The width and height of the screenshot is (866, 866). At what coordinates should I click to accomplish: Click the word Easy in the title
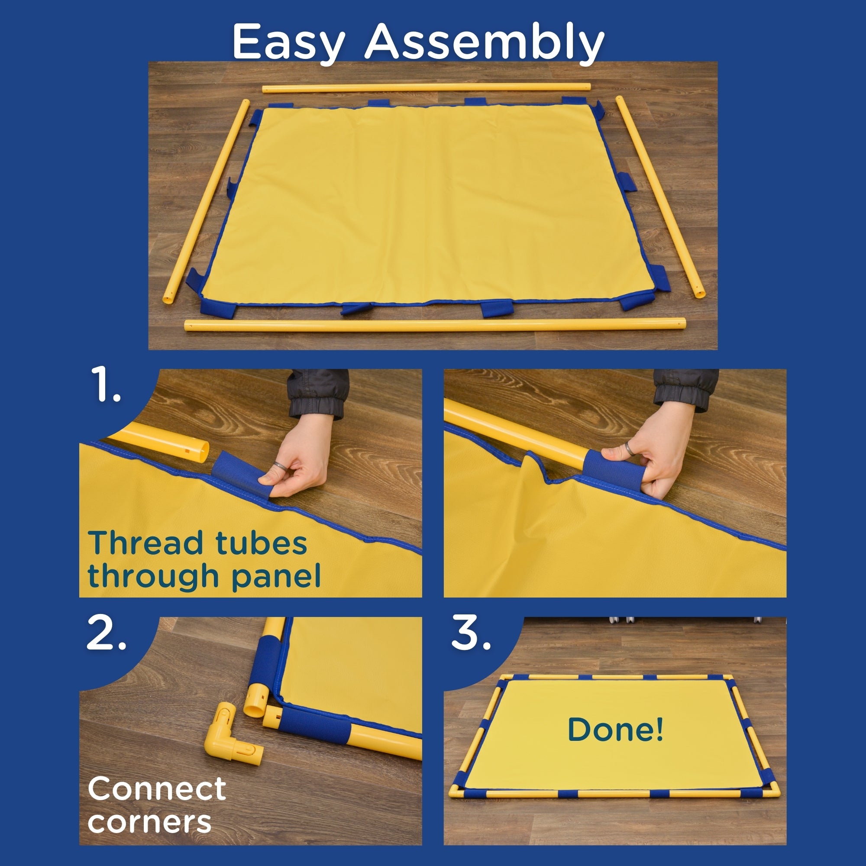click(x=288, y=42)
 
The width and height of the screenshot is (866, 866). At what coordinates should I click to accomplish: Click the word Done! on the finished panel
click(x=615, y=729)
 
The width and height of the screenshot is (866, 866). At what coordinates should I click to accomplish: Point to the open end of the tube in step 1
click(x=203, y=451)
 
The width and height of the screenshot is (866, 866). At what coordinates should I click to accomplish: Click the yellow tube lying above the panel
click(x=426, y=87)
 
